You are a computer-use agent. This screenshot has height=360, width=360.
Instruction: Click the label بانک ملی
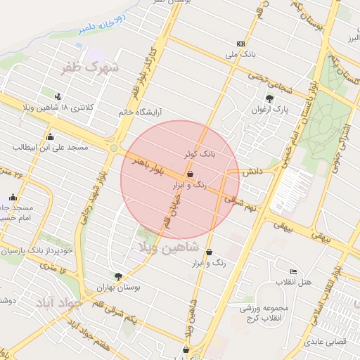(x=241, y=53)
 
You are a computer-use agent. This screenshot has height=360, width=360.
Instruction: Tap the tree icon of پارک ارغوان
(x=269, y=98)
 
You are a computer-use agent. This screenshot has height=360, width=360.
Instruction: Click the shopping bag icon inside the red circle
(x=190, y=174)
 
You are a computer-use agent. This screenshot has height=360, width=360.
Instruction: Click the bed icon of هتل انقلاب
(x=293, y=272)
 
